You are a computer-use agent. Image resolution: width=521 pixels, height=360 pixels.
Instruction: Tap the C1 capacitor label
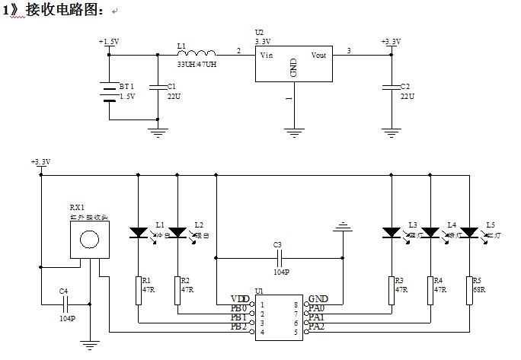(172, 86)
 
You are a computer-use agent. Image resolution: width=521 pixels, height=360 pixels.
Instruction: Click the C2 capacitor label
(406, 86)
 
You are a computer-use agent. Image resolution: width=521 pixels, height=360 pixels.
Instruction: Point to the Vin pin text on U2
(267, 55)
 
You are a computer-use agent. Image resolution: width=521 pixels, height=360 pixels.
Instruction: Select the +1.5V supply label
(109, 42)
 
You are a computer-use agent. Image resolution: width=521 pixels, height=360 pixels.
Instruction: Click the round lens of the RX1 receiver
(89, 240)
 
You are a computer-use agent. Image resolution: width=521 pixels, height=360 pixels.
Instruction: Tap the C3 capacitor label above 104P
(277, 244)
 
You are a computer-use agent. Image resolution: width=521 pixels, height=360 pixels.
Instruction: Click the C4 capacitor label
(64, 291)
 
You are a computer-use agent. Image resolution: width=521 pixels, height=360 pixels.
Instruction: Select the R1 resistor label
(147, 280)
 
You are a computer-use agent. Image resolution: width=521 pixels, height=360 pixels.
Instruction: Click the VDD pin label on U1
(240, 298)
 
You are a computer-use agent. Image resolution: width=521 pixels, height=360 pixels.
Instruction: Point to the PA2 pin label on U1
(317, 327)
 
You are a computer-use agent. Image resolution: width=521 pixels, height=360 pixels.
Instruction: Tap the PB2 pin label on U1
(239, 327)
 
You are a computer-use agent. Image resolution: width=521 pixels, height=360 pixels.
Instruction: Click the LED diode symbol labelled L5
(470, 231)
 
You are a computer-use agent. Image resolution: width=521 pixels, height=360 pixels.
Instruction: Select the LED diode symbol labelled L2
(177, 231)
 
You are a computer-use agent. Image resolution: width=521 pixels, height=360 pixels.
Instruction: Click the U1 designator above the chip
(260, 291)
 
